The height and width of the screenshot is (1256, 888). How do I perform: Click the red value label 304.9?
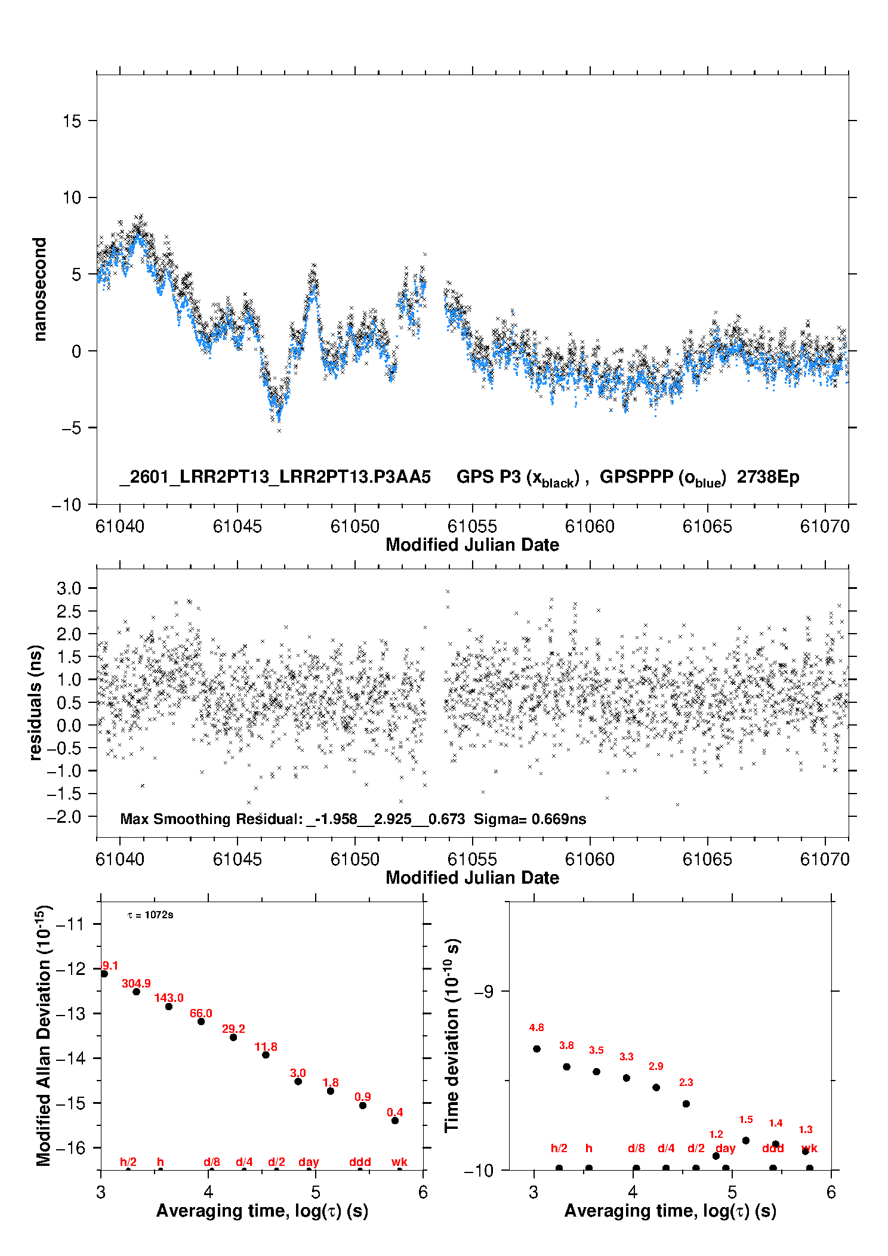136,984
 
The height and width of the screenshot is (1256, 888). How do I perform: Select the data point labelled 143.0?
169,1007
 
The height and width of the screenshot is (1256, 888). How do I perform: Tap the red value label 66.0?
201,1014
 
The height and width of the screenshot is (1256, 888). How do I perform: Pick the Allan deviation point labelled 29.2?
233,1038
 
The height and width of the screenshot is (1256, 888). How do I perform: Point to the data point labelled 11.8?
266,1055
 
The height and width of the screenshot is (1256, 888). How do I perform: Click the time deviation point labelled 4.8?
536,1049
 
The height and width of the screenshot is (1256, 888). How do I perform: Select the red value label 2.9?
656,1066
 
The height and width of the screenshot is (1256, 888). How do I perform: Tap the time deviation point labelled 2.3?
686,1104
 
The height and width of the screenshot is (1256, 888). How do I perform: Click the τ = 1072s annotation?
150,915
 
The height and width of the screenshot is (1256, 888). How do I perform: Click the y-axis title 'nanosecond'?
39,289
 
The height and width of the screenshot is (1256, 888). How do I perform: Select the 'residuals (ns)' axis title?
36,702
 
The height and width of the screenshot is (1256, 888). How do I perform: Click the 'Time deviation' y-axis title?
452,1035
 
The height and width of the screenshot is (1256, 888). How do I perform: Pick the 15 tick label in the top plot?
72,121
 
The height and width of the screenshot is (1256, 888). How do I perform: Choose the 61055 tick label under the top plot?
472,527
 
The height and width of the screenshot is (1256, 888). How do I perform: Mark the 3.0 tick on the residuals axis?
69,588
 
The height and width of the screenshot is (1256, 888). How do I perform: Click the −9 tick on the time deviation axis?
484,991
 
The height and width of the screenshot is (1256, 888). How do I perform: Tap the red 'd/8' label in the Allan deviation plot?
212,1162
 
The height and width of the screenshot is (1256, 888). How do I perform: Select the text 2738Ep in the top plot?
767,477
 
